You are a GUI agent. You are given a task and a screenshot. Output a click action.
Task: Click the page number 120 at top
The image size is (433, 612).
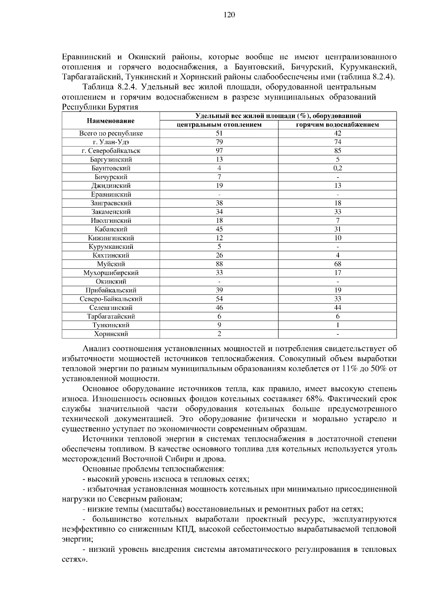click(229, 15)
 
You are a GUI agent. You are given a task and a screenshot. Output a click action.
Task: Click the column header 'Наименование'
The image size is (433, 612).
click(110, 121)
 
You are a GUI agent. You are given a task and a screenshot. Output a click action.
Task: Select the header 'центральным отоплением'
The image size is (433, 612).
click(219, 125)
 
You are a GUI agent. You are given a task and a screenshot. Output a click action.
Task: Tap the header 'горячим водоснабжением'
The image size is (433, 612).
click(337, 125)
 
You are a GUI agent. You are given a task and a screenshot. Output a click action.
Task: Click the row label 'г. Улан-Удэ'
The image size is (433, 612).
click(111, 142)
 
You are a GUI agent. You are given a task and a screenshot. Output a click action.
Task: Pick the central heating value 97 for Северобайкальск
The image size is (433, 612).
click(219, 151)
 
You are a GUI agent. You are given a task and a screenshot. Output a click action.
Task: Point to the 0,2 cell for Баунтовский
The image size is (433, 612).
click(337, 168)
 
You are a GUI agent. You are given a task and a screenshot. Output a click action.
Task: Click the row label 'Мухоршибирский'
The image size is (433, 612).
click(111, 273)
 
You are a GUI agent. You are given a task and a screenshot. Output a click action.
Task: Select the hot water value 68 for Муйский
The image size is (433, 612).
click(337, 264)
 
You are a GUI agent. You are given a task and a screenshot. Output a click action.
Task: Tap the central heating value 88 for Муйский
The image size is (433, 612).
click(219, 264)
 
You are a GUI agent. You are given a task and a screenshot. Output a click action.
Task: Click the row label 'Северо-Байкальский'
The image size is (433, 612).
click(111, 299)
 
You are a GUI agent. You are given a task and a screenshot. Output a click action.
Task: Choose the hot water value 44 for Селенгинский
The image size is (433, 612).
click(337, 308)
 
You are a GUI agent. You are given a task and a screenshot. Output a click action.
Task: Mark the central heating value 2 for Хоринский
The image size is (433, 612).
click(219, 334)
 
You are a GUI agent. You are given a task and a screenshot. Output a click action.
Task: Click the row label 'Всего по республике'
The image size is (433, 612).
click(111, 133)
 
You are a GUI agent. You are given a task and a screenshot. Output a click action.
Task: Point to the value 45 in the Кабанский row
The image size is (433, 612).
click(219, 229)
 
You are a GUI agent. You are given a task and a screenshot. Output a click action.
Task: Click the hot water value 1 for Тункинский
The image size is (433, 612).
click(337, 325)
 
